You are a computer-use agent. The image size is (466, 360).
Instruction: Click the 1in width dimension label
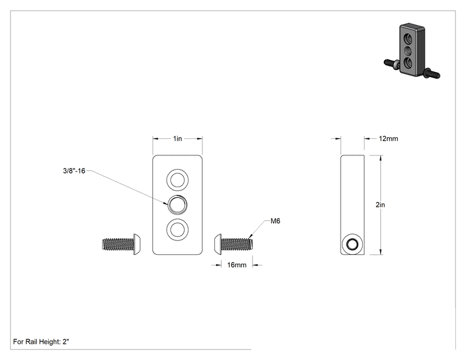[x=177, y=139]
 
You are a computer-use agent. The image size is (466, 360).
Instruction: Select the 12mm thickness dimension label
[x=388, y=139]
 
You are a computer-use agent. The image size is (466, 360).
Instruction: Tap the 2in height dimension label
[x=380, y=205]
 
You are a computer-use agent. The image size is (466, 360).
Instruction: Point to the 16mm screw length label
[x=237, y=265]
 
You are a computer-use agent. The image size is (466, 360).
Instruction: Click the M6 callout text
[x=275, y=221]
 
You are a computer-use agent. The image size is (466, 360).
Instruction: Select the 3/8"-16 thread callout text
[x=74, y=171]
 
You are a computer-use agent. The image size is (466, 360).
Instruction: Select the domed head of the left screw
[x=137, y=244]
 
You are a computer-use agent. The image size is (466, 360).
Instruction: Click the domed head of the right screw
[x=218, y=244]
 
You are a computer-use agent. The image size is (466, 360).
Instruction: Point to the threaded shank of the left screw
[x=118, y=244]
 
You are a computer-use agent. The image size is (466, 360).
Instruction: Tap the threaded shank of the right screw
[x=237, y=244]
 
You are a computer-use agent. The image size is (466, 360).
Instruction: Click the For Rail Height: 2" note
[x=41, y=342]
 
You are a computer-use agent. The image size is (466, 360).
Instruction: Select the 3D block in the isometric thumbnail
[x=412, y=49]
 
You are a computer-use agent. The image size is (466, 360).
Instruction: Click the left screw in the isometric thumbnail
[x=391, y=64]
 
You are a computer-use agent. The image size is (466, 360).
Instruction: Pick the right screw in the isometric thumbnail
[x=431, y=73]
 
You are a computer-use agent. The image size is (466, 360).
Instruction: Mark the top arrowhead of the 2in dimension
[x=381, y=157]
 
